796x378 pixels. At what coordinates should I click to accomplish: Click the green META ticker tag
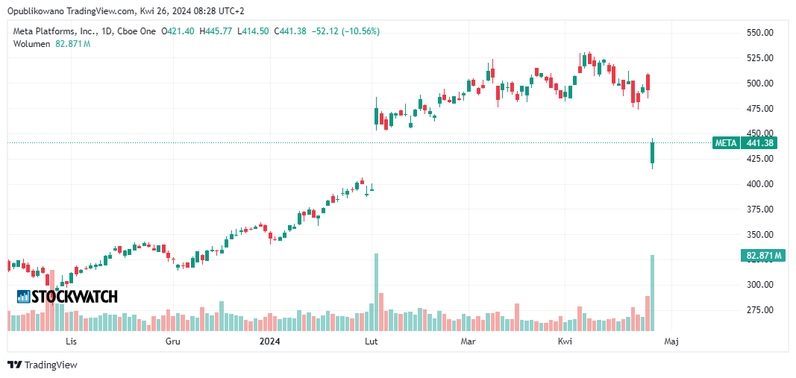[x=725, y=143]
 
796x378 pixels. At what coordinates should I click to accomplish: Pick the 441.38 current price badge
[x=761, y=143]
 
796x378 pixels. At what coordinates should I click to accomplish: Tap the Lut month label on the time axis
[x=369, y=341]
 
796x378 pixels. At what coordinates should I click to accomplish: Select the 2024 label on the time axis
[x=269, y=341]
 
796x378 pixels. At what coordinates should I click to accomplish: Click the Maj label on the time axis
[x=671, y=341]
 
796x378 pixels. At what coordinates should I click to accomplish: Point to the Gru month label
[x=173, y=341]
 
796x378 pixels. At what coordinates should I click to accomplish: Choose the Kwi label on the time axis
[x=565, y=341]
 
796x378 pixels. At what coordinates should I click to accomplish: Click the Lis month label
[x=72, y=341]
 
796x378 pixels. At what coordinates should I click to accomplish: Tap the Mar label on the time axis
[x=468, y=341]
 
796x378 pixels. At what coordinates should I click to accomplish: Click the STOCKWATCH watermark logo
[x=67, y=297]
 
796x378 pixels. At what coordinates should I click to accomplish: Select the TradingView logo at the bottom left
[x=43, y=365]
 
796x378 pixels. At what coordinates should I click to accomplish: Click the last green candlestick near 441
[x=652, y=153]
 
